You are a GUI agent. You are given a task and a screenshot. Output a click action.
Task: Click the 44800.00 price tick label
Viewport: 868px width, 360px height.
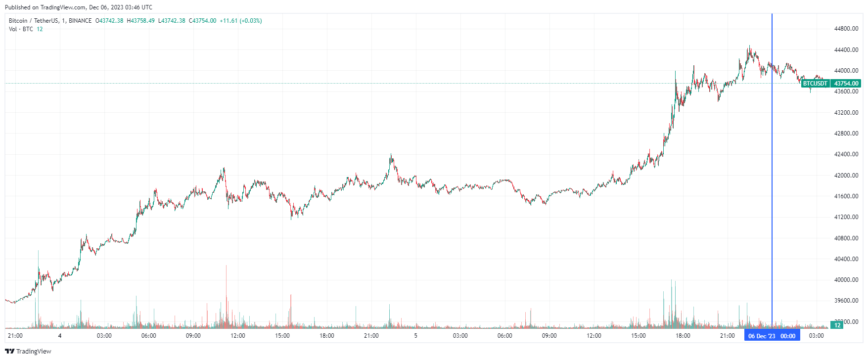[846, 29]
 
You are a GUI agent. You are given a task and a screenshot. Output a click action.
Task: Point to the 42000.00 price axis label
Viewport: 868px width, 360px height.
[846, 176]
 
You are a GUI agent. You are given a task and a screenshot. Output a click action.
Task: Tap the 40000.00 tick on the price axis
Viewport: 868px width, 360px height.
[846, 280]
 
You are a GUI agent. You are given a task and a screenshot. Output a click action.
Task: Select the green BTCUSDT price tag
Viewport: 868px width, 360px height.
[815, 84]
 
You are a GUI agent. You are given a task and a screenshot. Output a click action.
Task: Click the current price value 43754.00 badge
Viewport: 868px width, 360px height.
[846, 84]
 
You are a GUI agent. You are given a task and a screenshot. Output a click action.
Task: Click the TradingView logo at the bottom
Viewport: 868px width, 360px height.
[28, 351]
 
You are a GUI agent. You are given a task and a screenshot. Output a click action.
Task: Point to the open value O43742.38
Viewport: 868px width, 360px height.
[109, 21]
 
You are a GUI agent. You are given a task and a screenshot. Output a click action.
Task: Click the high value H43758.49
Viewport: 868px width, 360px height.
[140, 21]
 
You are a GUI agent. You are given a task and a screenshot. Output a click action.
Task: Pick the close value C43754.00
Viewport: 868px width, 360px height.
[202, 21]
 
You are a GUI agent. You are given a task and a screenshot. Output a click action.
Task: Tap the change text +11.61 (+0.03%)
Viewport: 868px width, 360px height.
[241, 21]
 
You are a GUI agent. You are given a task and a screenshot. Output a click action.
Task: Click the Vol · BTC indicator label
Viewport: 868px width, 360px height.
[21, 29]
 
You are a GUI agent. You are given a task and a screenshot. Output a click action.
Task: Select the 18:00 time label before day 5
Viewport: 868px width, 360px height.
[326, 336]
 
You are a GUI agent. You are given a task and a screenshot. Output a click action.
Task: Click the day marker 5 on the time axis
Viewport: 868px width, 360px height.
[415, 336]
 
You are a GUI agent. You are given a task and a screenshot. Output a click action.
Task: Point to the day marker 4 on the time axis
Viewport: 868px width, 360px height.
[59, 336]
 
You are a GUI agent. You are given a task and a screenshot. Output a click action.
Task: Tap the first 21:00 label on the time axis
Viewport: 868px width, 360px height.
[15, 336]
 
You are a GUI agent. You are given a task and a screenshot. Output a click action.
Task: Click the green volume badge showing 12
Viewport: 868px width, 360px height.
[837, 325]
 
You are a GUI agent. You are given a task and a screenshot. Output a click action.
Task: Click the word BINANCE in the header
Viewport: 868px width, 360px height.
[80, 21]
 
